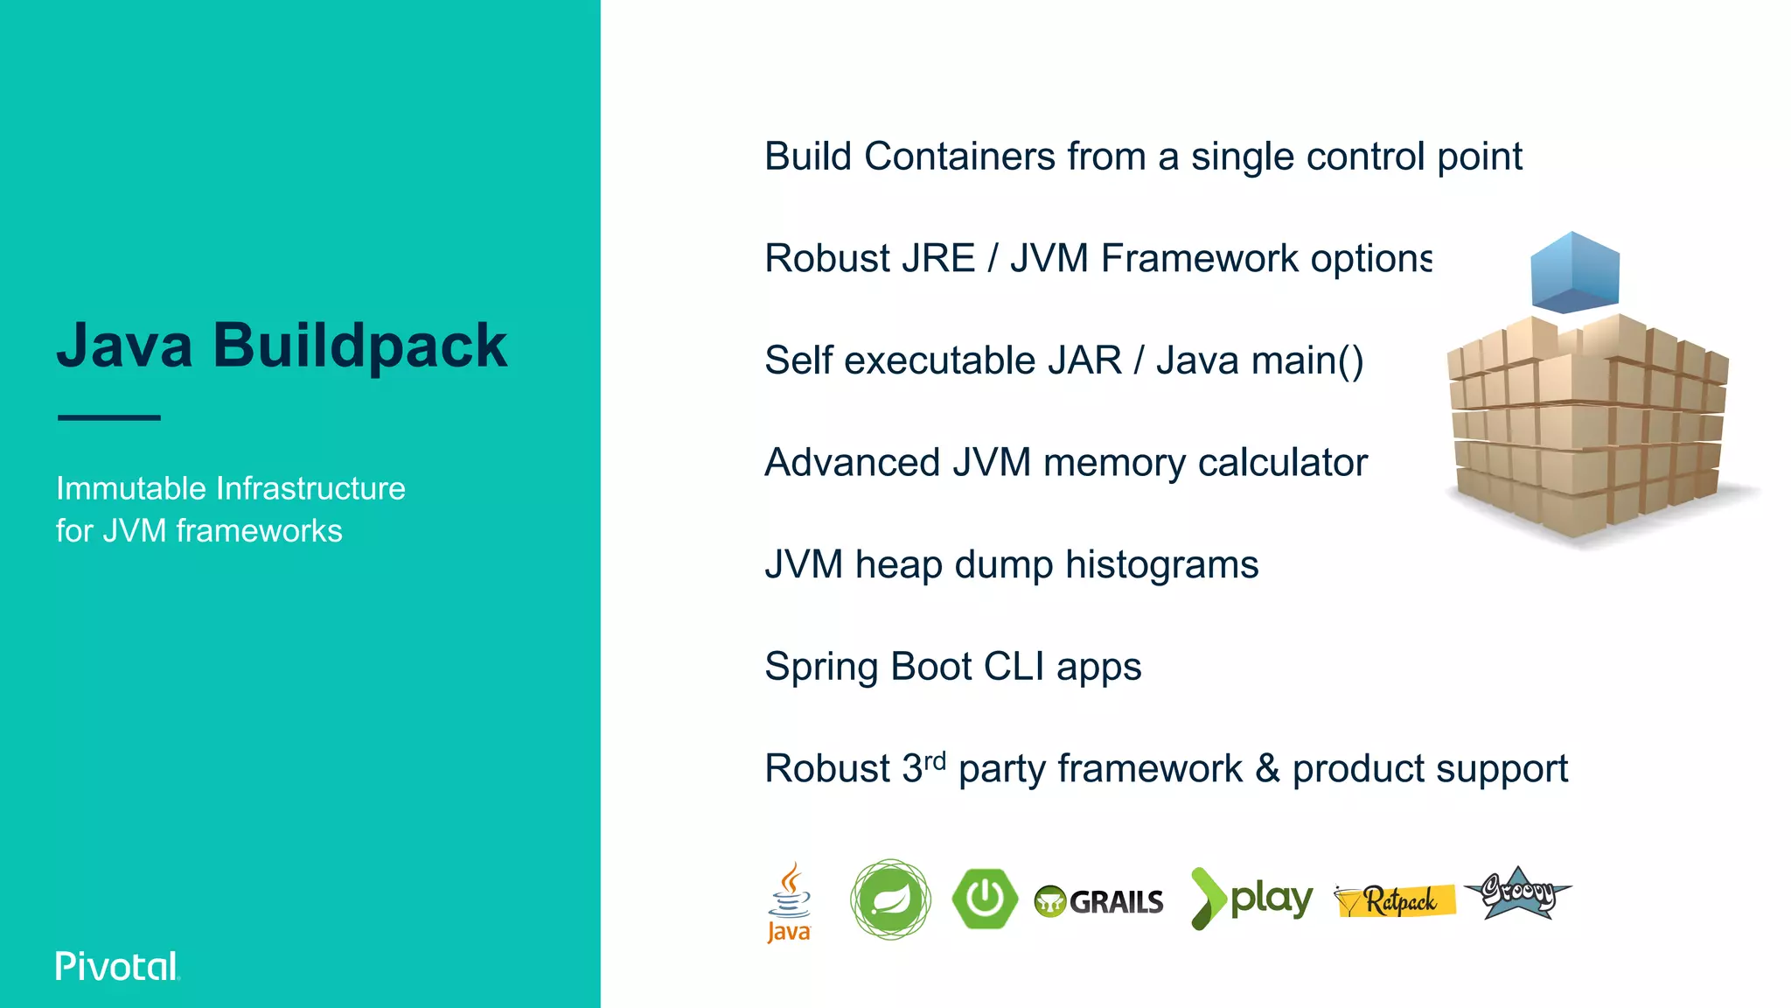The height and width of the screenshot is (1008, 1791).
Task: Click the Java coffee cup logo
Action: pyautogui.click(x=789, y=901)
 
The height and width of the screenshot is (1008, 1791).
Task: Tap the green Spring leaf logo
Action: pyautogui.click(x=890, y=899)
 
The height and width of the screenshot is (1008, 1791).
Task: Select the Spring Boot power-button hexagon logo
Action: pyautogui.click(x=985, y=899)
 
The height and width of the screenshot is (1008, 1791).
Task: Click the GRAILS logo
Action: pyautogui.click(x=1099, y=901)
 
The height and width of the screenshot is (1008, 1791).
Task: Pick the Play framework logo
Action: pyautogui.click(x=1251, y=899)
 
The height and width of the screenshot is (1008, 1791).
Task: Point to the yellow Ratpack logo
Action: pyautogui.click(x=1395, y=900)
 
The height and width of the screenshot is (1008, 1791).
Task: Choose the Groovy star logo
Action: pyautogui.click(x=1518, y=893)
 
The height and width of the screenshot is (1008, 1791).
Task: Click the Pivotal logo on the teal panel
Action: pyautogui.click(x=117, y=966)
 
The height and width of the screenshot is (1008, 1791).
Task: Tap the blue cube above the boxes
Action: pyautogui.click(x=1574, y=272)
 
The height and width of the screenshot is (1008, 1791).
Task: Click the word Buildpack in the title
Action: pyautogui.click(x=359, y=346)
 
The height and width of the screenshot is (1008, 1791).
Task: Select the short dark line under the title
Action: pyautogui.click(x=109, y=417)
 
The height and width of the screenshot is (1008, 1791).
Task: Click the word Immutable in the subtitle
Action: pyautogui.click(x=131, y=488)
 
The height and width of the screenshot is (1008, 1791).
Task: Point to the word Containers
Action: pyautogui.click(x=959, y=157)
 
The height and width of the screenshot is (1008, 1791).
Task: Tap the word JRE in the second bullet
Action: pyautogui.click(x=937, y=259)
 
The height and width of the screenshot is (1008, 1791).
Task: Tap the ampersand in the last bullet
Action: pyautogui.click(x=1267, y=769)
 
